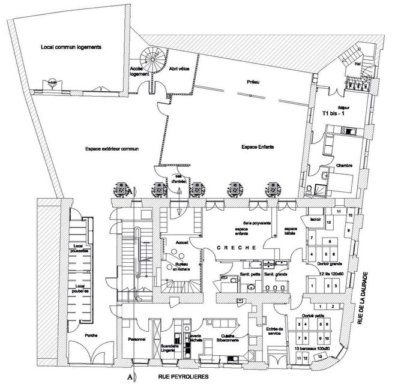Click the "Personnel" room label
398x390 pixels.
pos(137,340)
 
